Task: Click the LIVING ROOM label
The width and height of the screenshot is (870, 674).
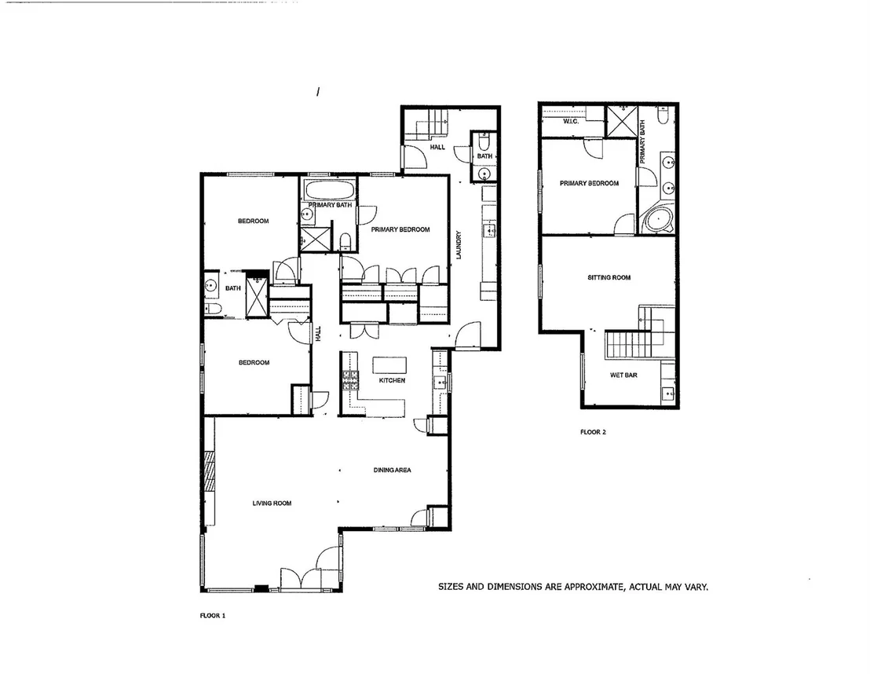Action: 272,504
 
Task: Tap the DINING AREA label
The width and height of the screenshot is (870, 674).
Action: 393,471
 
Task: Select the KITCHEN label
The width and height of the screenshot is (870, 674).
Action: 392,380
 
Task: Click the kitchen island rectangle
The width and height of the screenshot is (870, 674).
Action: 389,365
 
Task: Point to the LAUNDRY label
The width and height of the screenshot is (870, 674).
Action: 459,245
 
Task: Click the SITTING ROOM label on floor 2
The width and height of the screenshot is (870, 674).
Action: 609,277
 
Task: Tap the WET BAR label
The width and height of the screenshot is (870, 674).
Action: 623,375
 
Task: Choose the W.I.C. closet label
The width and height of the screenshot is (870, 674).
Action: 571,121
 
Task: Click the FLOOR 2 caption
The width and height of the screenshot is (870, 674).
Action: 593,432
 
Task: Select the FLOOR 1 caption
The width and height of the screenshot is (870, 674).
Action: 213,616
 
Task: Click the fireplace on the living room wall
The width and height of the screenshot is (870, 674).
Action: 210,471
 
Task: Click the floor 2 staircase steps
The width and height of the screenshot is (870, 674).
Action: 625,344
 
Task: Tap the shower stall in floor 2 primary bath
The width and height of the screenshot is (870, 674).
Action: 621,121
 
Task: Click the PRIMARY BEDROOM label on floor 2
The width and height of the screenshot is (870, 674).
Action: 589,183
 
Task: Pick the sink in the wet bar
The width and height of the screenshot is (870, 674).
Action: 667,395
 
